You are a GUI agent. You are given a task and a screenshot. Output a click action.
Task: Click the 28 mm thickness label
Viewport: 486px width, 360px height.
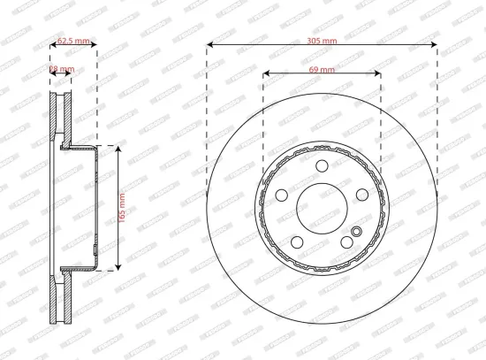pyautogui.click(x=61, y=68)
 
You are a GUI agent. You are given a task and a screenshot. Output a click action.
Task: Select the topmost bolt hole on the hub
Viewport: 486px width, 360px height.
pyautogui.click(x=323, y=167)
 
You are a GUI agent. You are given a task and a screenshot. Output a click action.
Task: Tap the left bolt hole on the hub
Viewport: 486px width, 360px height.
pyautogui.click(x=282, y=196)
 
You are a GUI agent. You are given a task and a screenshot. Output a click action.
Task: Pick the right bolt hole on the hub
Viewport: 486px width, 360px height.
pyautogui.click(x=363, y=196)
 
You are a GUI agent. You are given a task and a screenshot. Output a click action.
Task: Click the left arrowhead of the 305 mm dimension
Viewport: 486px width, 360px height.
pyautogui.click(x=209, y=44)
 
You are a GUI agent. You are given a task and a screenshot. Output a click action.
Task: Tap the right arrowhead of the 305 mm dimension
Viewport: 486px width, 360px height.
pyautogui.click(x=436, y=44)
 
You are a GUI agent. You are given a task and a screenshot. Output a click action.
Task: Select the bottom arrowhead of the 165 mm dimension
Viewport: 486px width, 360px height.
pyautogui.click(x=118, y=268)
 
